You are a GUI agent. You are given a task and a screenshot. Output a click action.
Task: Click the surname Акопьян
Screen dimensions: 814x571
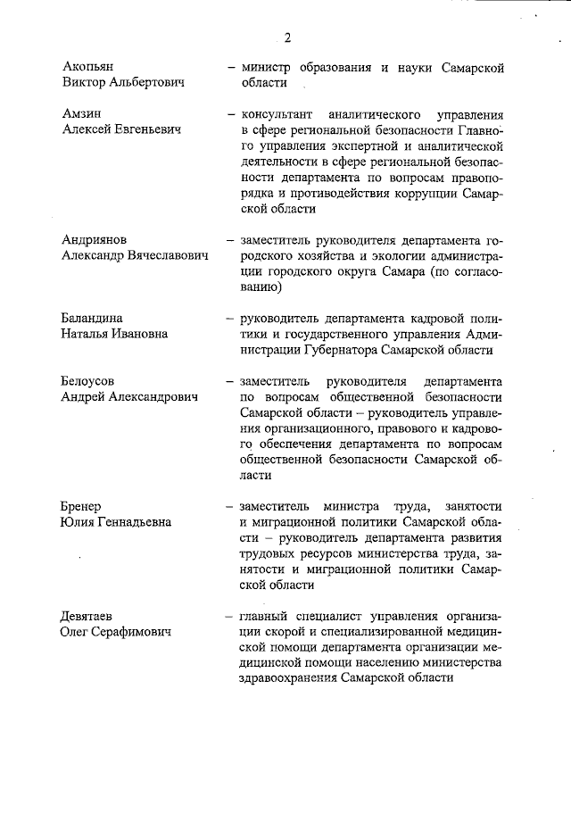coord(88,67)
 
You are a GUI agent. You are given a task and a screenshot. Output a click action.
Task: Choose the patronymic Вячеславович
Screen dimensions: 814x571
coord(166,256)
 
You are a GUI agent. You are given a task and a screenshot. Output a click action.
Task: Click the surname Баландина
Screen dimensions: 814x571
coord(93,319)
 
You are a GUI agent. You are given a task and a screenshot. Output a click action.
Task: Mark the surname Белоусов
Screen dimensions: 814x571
coord(90,380)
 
